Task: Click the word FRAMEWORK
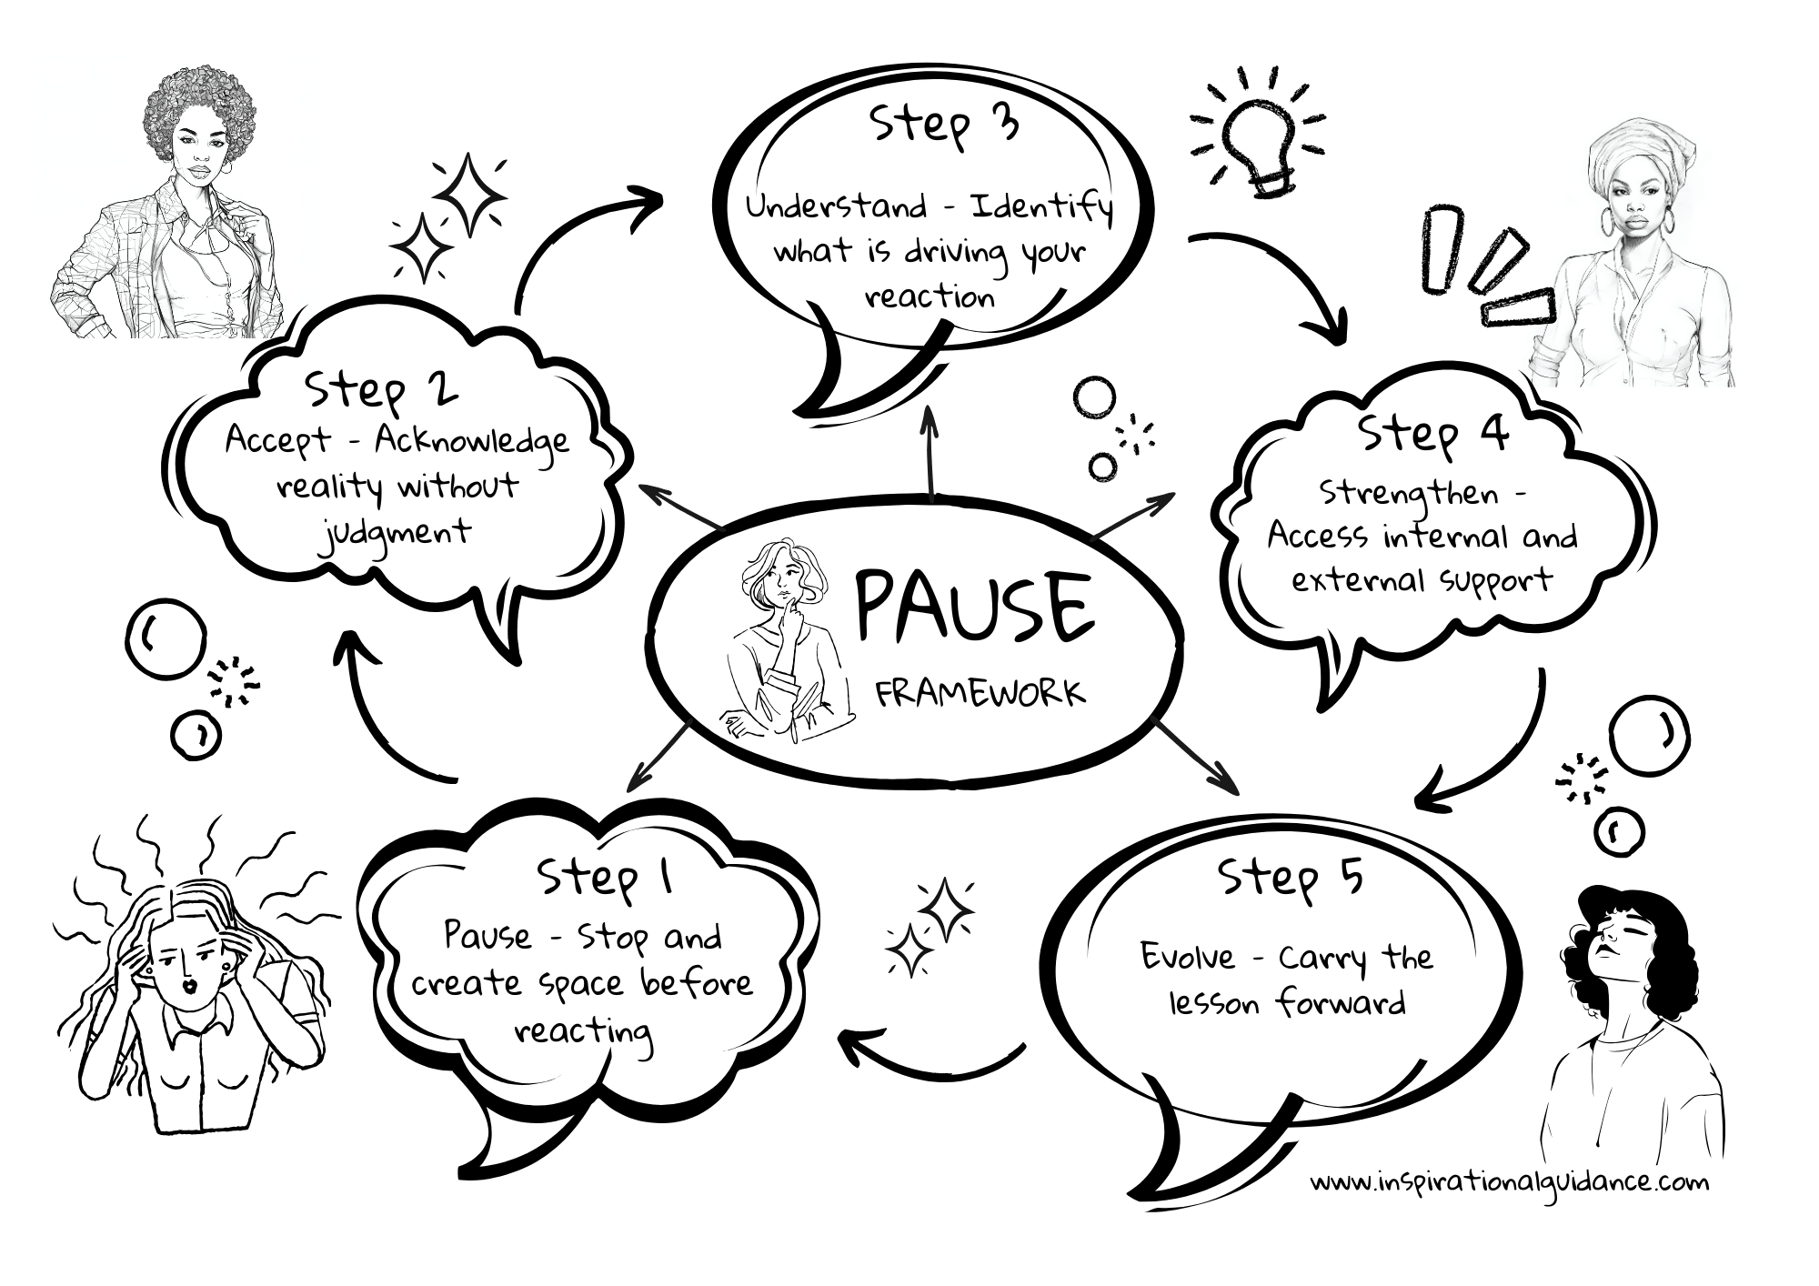(x=980, y=693)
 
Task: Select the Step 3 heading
(x=944, y=125)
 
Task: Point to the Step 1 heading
(x=605, y=879)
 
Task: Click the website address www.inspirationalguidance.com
(x=1509, y=1182)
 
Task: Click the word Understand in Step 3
(x=836, y=207)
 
